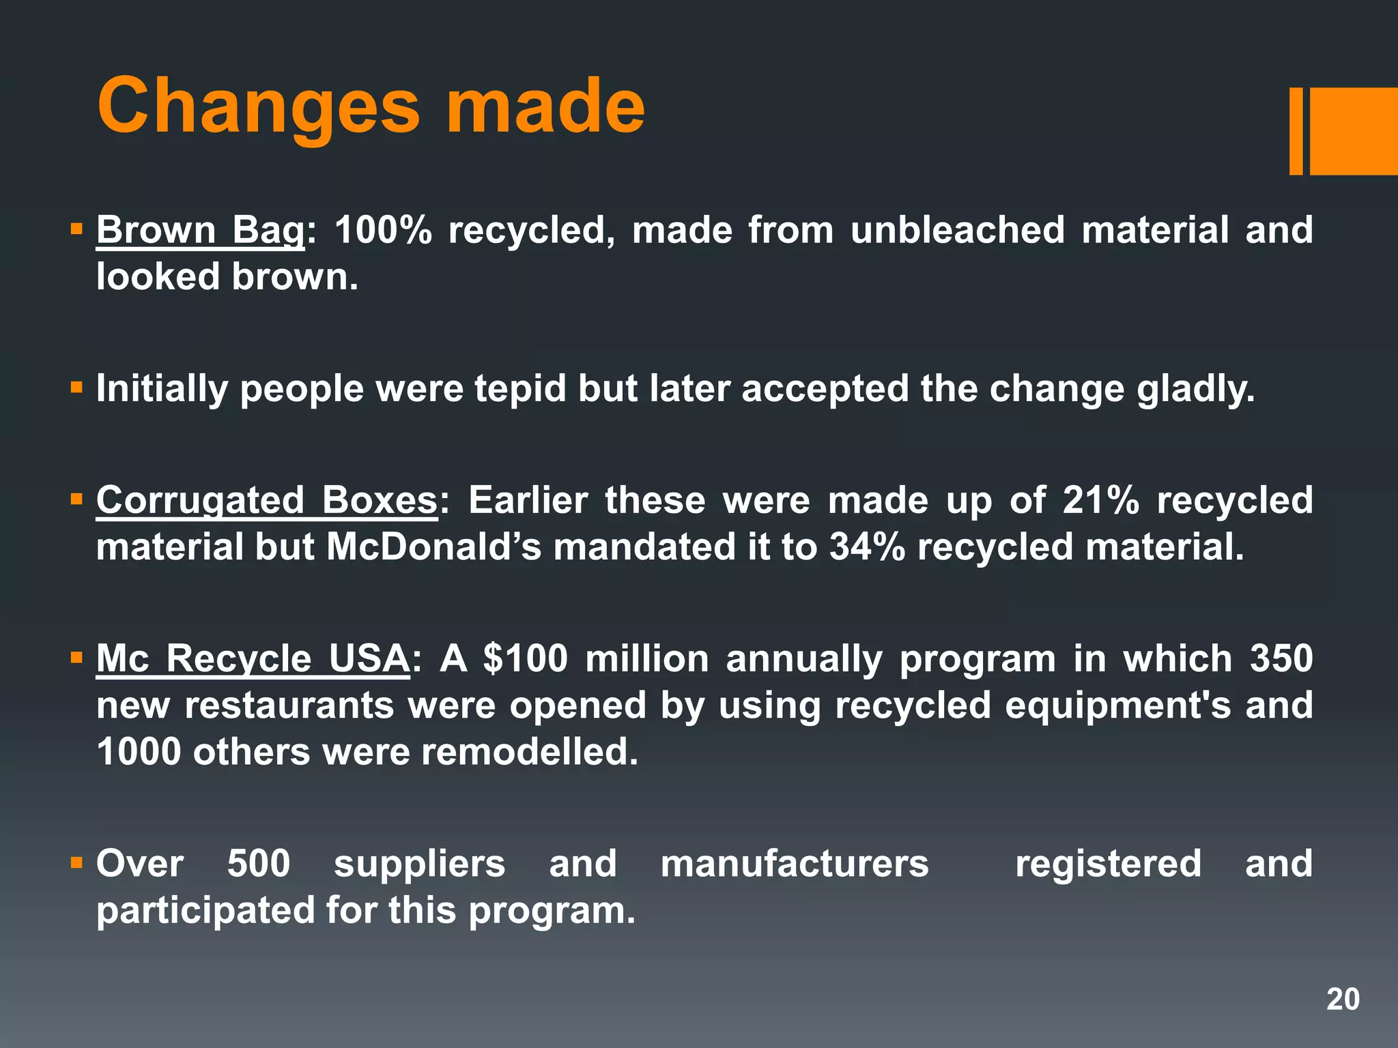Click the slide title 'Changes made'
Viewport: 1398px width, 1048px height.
371,106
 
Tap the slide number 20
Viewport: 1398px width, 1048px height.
1343,1000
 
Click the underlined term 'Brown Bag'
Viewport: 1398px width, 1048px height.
200,230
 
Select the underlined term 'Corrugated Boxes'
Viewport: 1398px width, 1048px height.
266,500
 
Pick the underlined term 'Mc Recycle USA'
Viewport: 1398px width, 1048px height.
253,659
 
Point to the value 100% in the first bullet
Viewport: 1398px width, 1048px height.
383,230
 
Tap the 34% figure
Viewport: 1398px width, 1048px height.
867,547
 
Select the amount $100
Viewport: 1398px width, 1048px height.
525,659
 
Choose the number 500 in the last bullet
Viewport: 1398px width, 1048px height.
259,864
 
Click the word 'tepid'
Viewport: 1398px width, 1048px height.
520,389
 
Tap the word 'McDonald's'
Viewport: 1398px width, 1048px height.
433,547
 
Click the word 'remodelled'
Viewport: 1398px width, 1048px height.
529,752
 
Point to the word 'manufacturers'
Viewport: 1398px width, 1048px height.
795,864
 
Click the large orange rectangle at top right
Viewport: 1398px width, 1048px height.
1353,131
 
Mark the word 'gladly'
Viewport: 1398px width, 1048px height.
1195,389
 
